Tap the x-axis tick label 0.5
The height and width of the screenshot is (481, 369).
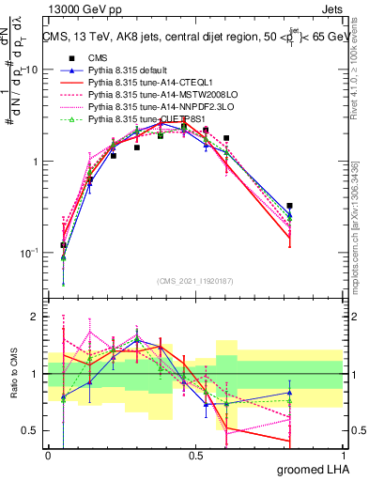pos(195,455)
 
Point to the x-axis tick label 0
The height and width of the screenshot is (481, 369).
pos(48,455)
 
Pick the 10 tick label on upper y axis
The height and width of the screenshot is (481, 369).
pos(30,70)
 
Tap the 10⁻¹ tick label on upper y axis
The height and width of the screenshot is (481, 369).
pos(28,253)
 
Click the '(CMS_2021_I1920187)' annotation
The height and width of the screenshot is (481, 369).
pos(195,281)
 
